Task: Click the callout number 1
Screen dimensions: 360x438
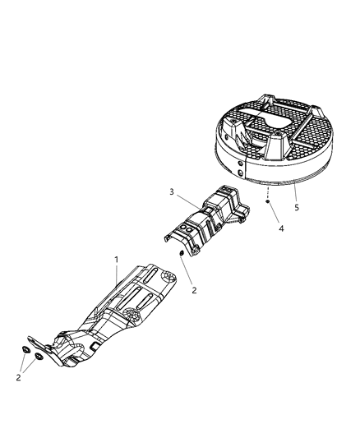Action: [x=117, y=260]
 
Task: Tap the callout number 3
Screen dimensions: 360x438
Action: [x=172, y=192]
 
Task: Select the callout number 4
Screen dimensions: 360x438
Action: [x=281, y=228]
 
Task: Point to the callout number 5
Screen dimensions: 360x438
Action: [x=297, y=208]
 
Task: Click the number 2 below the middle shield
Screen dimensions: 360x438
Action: [x=194, y=290]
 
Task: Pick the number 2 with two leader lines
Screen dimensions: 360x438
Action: [x=18, y=378]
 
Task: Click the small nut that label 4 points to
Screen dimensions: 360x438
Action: [x=268, y=201]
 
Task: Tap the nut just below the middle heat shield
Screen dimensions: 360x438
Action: [x=181, y=253]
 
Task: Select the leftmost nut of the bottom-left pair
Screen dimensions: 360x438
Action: [x=25, y=349]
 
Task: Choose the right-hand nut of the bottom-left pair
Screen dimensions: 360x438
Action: [x=39, y=357]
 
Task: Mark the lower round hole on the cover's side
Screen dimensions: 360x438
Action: [x=240, y=173]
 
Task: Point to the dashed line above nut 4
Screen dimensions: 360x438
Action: [x=268, y=193]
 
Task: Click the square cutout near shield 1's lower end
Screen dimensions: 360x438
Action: [x=95, y=346]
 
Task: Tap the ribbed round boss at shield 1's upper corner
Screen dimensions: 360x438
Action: [x=168, y=277]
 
